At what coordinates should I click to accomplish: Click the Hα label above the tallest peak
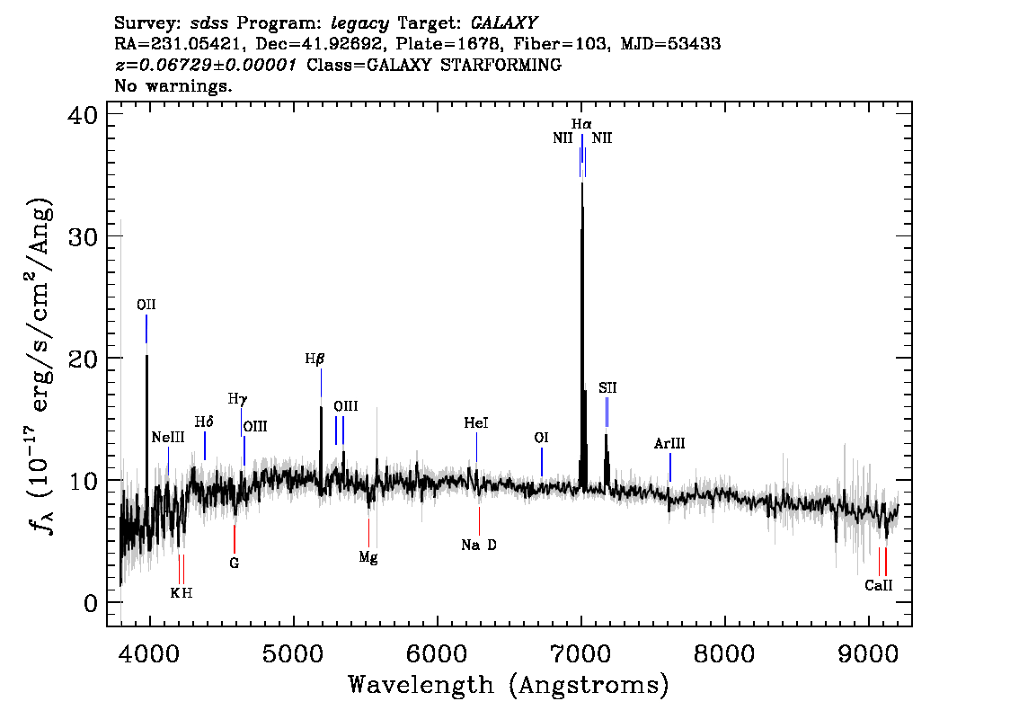[581, 123]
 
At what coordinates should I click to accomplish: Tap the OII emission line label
[146, 305]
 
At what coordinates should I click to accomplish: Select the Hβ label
[315, 359]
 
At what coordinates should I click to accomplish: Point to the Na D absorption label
[479, 545]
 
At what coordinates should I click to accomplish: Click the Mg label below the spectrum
[368, 557]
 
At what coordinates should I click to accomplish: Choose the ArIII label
[669, 444]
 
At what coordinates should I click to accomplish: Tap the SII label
[607, 388]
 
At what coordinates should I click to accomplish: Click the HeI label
[476, 422]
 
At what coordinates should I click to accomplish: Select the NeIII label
[168, 437]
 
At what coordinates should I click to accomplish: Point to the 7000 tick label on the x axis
[580, 650]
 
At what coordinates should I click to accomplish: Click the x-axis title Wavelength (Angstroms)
[509, 686]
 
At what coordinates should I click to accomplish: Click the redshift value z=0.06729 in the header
[205, 66]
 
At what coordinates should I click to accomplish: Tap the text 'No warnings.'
[173, 86]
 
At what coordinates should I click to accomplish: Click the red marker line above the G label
[235, 539]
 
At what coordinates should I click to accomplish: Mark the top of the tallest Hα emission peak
[582, 182]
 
